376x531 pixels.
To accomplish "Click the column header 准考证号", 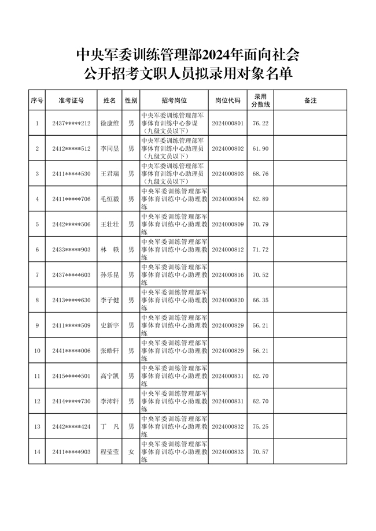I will tap(71, 101).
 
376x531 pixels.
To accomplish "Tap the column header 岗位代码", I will tap(228, 101).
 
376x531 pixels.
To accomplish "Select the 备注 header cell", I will tap(310, 101).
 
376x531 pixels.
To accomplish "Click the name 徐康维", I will tap(109, 124).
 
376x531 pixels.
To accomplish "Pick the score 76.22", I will tap(260, 124).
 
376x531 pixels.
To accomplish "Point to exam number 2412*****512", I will tap(71, 148).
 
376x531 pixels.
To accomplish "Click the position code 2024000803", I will tap(228, 173).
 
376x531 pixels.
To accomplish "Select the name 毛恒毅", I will tap(109, 199).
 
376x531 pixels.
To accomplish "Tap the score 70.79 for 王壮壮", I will tap(260, 224).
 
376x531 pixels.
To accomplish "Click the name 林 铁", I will tap(109, 250).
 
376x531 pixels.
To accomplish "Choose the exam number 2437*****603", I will tap(71, 275).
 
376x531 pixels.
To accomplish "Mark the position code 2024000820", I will tap(228, 300).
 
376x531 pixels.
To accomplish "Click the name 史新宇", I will tap(109, 326).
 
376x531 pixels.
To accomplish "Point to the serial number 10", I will tap(37, 351).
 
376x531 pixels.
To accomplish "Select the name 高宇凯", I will tap(109, 376).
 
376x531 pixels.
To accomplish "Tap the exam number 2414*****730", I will tap(71, 402).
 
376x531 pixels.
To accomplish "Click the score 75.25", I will tap(260, 426).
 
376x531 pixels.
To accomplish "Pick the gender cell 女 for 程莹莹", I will tap(131, 452).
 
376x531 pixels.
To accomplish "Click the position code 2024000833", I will tap(228, 452).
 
